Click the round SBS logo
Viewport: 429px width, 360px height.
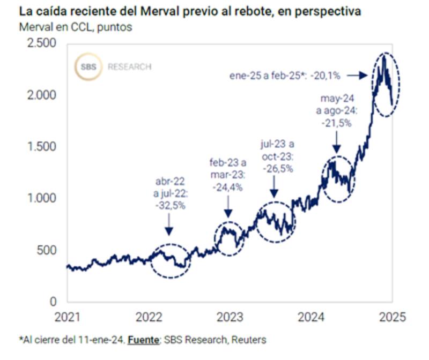coord(87,66)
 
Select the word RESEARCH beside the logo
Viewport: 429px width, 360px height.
coord(129,67)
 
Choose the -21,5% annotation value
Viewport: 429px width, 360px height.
coord(337,123)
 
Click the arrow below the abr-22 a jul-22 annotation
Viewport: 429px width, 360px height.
coord(168,224)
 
